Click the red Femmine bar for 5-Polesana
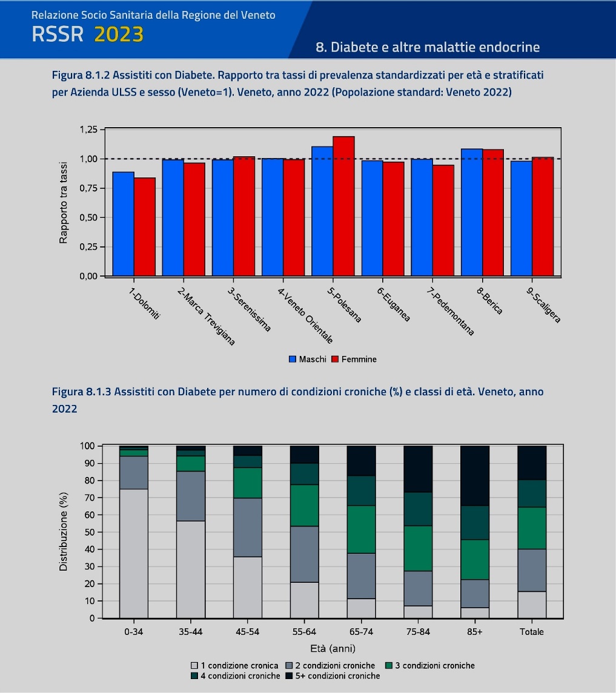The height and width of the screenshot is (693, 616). (x=343, y=206)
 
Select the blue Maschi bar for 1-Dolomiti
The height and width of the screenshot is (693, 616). (x=124, y=224)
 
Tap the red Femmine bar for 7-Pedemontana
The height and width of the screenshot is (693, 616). (x=443, y=220)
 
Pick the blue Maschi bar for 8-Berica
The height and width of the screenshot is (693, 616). (x=472, y=212)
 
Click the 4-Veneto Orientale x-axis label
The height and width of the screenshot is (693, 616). (x=305, y=315)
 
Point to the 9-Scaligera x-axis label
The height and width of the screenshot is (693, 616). (x=543, y=305)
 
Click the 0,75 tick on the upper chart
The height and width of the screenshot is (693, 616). (x=88, y=188)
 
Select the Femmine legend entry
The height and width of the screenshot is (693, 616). (x=354, y=360)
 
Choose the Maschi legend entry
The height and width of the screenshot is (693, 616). (x=308, y=360)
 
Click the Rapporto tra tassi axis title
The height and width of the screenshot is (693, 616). (x=64, y=202)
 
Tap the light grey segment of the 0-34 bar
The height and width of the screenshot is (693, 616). (x=133, y=553)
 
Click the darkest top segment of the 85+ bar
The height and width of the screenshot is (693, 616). (x=475, y=476)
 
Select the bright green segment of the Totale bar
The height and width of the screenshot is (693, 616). (x=532, y=528)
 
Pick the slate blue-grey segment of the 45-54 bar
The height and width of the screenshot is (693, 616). (x=248, y=527)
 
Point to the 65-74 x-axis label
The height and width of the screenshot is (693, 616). (x=361, y=632)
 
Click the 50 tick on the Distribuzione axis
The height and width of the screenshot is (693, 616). (x=90, y=532)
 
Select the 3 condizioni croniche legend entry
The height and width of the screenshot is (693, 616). (x=430, y=666)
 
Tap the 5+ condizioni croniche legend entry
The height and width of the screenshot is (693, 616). (x=333, y=676)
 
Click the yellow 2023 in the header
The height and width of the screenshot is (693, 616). (x=119, y=34)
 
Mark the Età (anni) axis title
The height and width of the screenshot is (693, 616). (x=333, y=648)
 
